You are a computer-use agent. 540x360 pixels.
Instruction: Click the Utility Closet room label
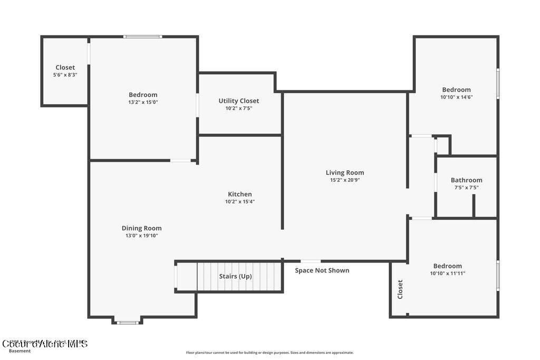point(239,101)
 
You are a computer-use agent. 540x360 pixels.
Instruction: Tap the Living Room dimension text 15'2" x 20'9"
point(345,180)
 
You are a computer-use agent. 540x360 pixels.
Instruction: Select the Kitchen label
point(239,194)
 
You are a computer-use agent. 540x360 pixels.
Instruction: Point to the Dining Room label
point(141,228)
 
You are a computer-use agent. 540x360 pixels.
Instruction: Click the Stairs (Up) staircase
point(235,276)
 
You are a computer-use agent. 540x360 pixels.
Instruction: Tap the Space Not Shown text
point(322,270)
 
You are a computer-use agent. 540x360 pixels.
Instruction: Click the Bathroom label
point(466,180)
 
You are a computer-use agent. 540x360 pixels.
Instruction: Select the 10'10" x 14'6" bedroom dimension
point(456,97)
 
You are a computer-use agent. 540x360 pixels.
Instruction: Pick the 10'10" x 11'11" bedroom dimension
point(447,274)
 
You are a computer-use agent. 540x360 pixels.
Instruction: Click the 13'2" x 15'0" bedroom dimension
point(143,102)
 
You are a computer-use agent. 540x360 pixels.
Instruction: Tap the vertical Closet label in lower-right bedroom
point(400,289)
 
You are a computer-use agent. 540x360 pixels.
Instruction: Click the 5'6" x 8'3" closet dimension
point(65,75)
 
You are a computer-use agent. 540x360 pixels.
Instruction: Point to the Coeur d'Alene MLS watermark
point(44,344)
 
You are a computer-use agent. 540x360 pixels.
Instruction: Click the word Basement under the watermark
point(20,351)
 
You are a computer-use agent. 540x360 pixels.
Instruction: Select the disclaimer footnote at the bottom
point(269,353)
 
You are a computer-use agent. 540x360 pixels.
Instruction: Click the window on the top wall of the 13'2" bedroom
point(142,36)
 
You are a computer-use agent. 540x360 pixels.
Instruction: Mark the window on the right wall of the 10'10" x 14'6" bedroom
point(497,83)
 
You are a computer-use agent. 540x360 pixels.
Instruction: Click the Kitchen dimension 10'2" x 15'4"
point(239,201)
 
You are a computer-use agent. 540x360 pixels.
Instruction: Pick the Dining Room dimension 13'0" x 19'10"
point(141,236)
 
